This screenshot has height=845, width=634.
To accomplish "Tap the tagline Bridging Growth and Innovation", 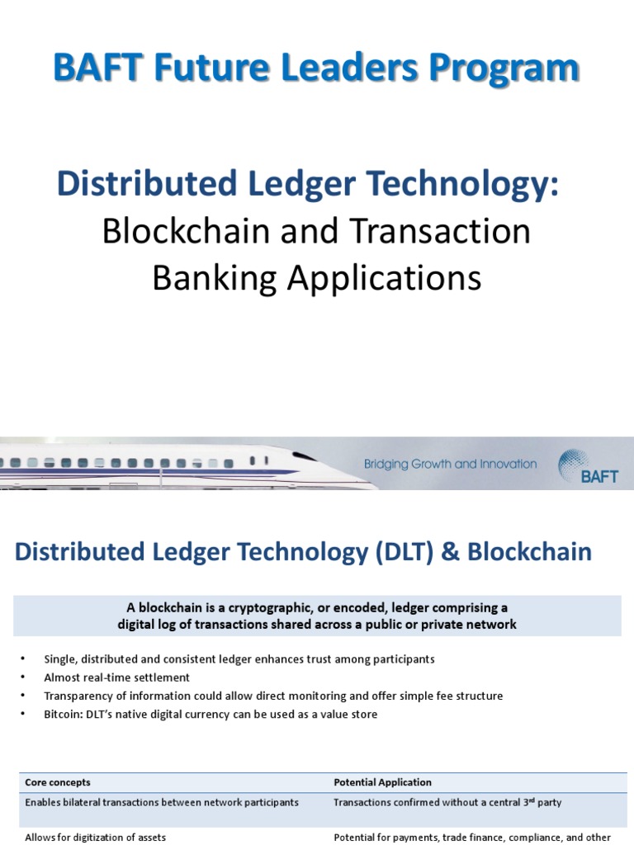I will [450, 465].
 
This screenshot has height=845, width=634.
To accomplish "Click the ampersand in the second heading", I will [452, 552].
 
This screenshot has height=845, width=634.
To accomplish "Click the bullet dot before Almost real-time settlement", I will [25, 677].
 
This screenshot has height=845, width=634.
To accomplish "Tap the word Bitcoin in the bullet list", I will [63, 715].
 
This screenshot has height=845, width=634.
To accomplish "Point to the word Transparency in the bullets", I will [79, 696].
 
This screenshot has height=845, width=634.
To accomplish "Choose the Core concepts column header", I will [58, 782].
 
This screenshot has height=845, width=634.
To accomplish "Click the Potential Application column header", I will [382, 782].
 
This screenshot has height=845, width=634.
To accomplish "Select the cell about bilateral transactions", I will [163, 802].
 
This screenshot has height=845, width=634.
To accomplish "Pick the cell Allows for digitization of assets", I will [96, 838].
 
